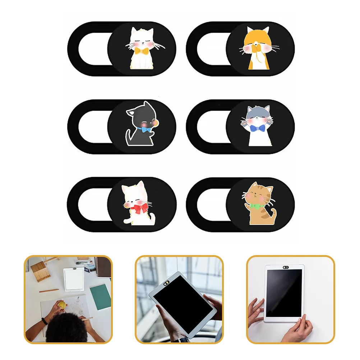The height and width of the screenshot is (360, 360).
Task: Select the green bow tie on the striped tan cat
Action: (x=256, y=206)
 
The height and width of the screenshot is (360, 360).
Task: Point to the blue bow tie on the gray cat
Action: (x=257, y=129)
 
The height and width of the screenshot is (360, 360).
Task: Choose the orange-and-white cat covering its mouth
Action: (x=258, y=49)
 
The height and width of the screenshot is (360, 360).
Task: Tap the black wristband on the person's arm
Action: (x=44, y=320)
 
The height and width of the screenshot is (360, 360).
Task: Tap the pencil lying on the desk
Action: (x=49, y=290)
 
